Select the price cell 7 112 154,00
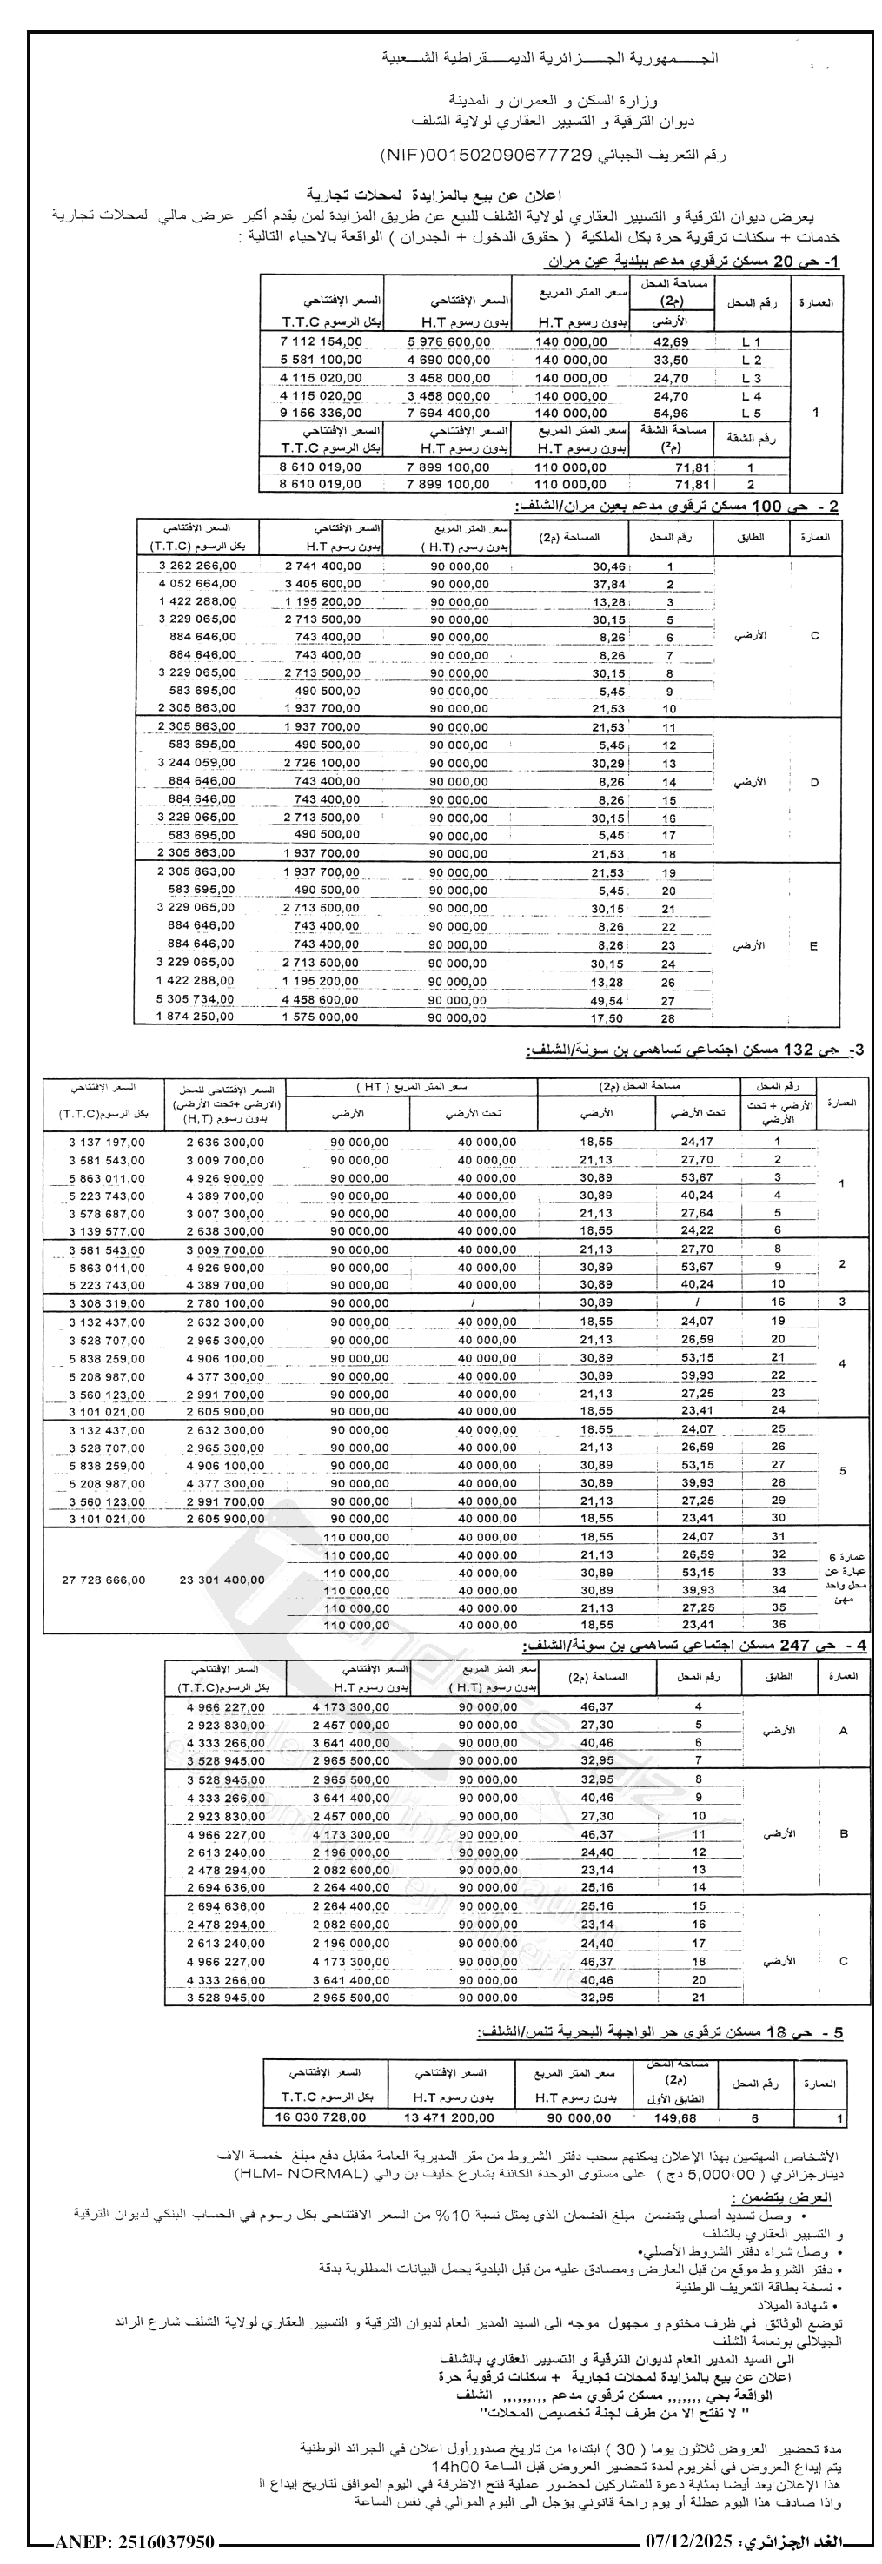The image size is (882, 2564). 322,341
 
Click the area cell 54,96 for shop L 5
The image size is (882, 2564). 671,413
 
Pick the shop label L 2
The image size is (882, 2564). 752,361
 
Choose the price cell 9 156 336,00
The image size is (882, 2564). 322,413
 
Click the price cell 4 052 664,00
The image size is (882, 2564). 197,584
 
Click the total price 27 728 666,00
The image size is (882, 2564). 103,1580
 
